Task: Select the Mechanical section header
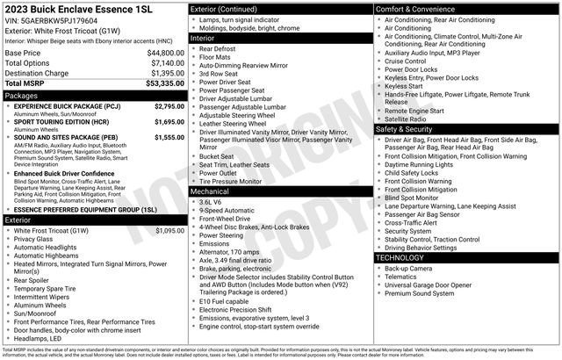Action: [210, 191]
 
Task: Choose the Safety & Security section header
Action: [407, 129]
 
